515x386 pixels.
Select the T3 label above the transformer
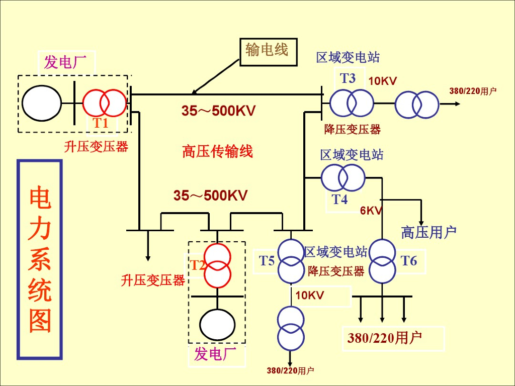click(x=348, y=78)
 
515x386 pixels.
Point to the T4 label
click(x=339, y=200)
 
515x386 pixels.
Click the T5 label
click(x=267, y=261)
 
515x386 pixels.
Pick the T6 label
click(x=409, y=260)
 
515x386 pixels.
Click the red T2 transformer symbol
click(x=217, y=264)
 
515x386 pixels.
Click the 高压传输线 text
click(x=217, y=151)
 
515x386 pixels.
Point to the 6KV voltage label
click(x=371, y=211)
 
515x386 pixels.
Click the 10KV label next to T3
click(x=383, y=81)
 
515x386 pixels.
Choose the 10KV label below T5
click(x=309, y=296)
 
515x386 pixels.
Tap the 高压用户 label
click(x=428, y=232)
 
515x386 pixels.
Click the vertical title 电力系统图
click(x=40, y=259)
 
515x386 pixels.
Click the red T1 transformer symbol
click(x=104, y=103)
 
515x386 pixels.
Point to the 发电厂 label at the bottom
click(x=215, y=354)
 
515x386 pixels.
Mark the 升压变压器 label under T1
click(x=96, y=147)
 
